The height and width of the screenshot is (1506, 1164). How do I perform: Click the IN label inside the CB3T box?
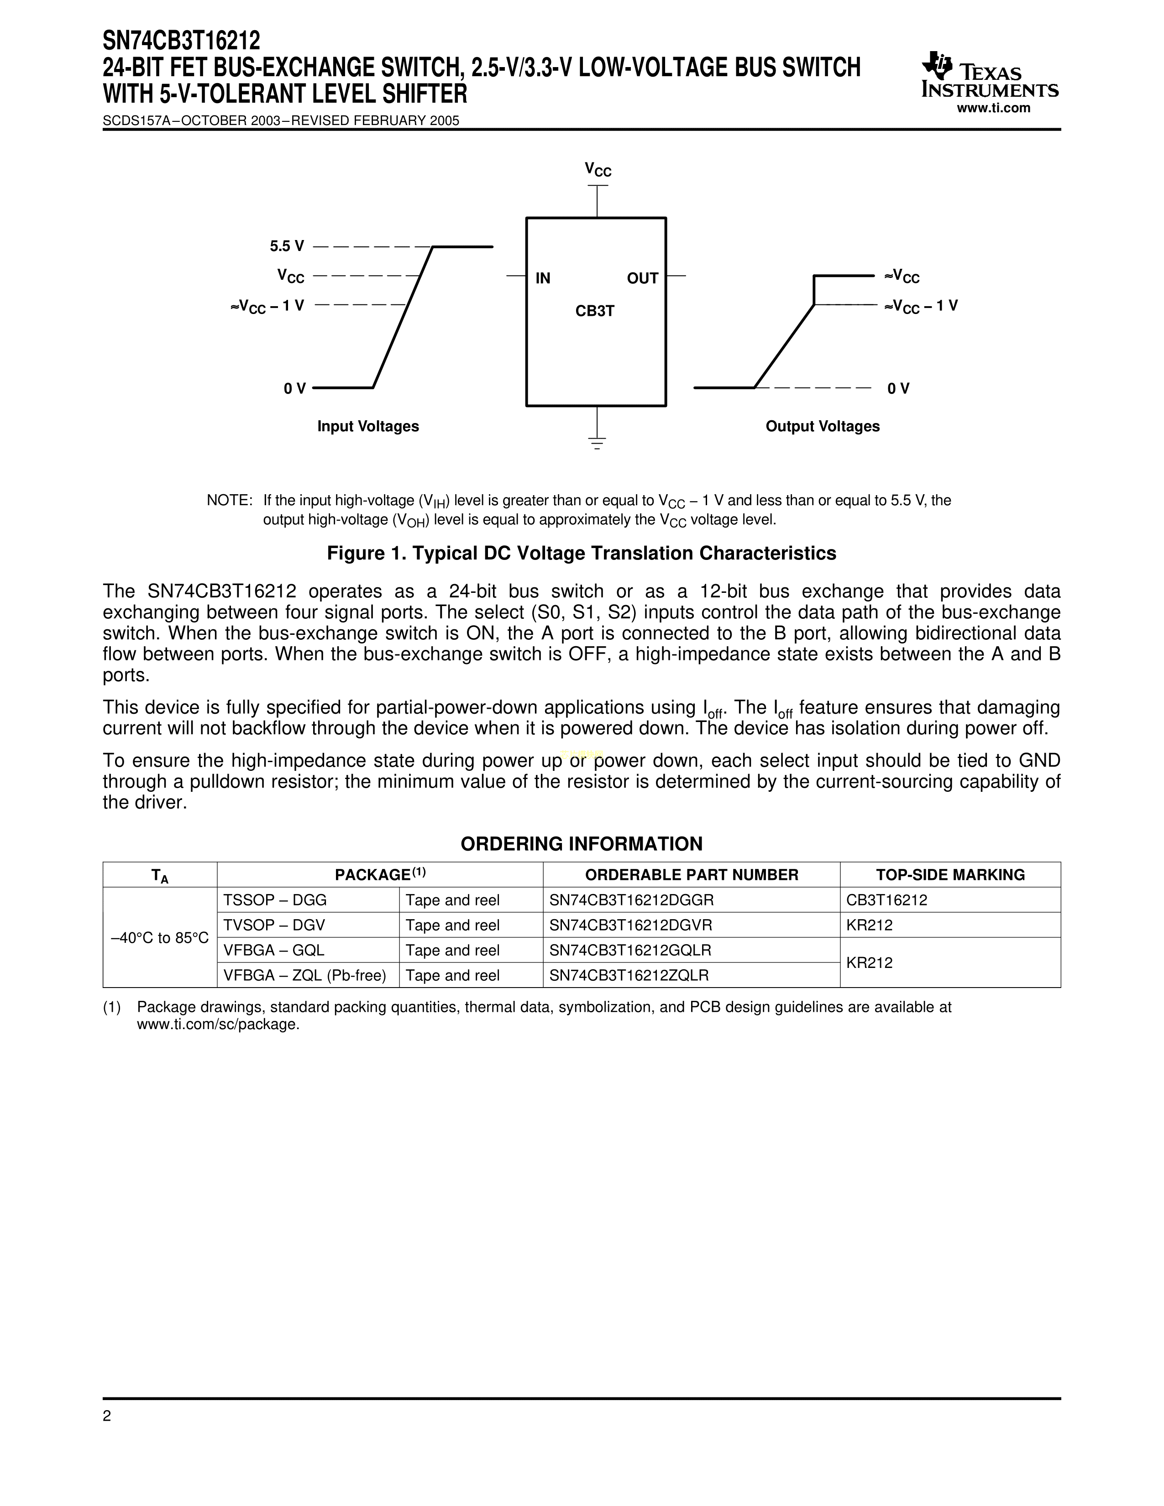pos(543,278)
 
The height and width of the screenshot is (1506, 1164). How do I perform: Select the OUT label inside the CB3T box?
pos(642,278)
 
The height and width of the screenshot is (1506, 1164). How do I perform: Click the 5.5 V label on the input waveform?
pos(287,246)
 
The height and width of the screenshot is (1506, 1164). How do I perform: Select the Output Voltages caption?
pos(822,427)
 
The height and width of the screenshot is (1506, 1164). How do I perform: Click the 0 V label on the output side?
pos(898,389)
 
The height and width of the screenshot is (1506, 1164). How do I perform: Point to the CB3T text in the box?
pos(594,311)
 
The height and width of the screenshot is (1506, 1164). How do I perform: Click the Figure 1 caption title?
pos(581,554)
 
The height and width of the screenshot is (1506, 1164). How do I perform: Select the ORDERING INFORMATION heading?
pos(581,844)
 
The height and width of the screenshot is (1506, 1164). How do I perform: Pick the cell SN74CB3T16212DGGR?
pos(631,900)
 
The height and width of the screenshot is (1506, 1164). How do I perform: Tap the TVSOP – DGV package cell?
pos(274,926)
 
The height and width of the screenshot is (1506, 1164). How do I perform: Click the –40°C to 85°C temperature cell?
pos(160,938)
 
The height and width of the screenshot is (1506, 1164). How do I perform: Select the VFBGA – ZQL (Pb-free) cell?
pos(304,976)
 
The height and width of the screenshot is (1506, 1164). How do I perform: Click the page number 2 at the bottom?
pos(107,1417)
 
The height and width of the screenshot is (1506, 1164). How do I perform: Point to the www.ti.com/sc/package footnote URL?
pos(218,1025)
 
